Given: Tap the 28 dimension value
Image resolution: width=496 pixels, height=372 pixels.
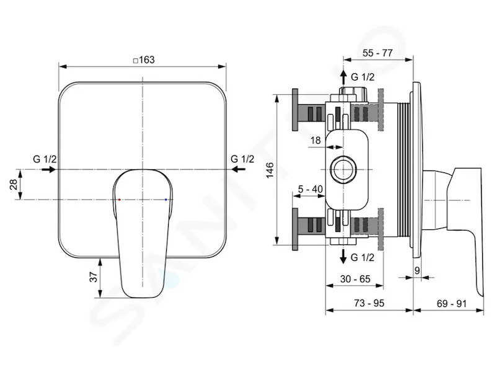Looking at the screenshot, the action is pyautogui.click(x=14, y=184).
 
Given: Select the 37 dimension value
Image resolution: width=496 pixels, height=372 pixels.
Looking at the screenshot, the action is pyautogui.click(x=94, y=278).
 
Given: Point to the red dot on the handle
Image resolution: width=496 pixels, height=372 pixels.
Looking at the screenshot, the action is pyautogui.click(x=119, y=200).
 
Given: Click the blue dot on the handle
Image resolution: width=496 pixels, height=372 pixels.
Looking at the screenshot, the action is pyautogui.click(x=166, y=200).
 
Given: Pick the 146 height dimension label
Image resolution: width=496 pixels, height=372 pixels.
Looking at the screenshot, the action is pyautogui.click(x=270, y=170).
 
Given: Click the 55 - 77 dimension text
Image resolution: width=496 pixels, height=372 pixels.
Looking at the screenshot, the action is pyautogui.click(x=378, y=53).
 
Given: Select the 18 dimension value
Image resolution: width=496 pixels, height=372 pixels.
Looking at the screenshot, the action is pyautogui.click(x=316, y=140).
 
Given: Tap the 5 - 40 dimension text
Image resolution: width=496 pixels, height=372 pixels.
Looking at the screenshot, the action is pyautogui.click(x=311, y=189).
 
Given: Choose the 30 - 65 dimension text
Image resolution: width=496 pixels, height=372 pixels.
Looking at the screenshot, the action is pyautogui.click(x=355, y=279).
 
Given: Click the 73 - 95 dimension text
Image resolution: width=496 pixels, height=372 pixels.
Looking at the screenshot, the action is pyautogui.click(x=369, y=303).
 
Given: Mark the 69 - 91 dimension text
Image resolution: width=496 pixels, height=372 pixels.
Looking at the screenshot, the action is pyautogui.click(x=452, y=304).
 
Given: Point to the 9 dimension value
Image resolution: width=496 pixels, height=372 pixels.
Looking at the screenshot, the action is pyautogui.click(x=417, y=270).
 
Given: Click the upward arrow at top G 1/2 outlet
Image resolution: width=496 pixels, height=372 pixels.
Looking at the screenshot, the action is pyautogui.click(x=343, y=78).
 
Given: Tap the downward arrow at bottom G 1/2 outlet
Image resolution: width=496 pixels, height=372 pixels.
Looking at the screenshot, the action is pyautogui.click(x=343, y=256).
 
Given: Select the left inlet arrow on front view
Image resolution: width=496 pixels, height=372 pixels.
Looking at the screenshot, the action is pyautogui.click(x=48, y=169).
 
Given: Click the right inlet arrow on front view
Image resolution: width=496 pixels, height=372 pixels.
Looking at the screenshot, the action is pyautogui.click(x=238, y=169).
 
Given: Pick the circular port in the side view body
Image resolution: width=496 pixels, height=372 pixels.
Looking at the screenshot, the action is pyautogui.click(x=343, y=169).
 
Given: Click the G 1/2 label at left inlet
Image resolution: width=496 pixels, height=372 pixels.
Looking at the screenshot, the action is pyautogui.click(x=45, y=159).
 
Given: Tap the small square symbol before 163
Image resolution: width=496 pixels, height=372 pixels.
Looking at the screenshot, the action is pyautogui.click(x=135, y=60).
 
